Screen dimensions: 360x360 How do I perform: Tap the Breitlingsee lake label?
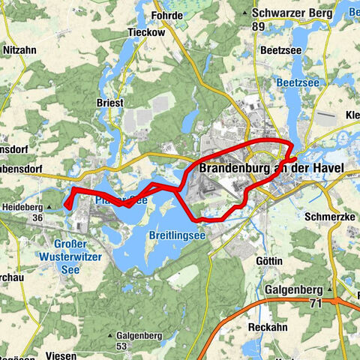click(x=177, y=235)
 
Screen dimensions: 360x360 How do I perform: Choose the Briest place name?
click(x=109, y=103)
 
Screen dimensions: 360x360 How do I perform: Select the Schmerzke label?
click(x=327, y=215)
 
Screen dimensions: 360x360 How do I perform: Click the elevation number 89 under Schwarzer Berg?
click(x=259, y=26)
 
